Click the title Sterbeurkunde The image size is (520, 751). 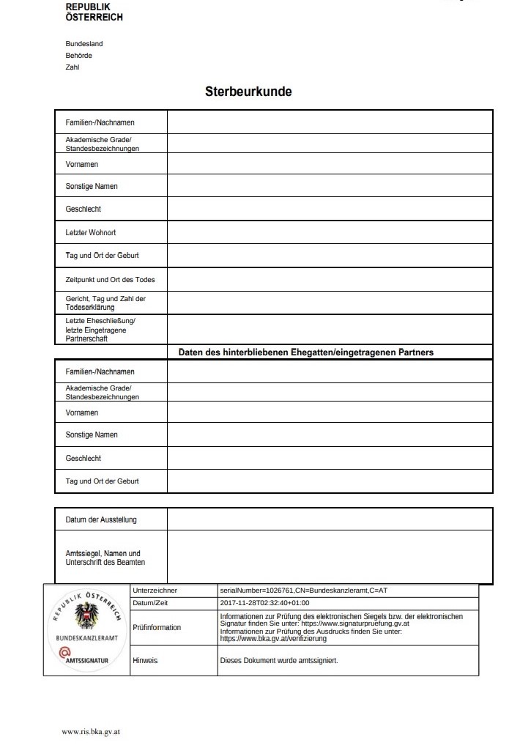(248, 92)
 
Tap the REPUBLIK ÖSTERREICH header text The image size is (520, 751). (94, 12)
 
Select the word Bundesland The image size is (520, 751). (84, 44)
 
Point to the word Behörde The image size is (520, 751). (79, 56)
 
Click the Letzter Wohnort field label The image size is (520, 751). (91, 233)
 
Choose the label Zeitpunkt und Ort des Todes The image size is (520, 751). (110, 280)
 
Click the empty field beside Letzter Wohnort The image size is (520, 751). (330, 233)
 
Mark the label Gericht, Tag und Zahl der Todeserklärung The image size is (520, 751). (105, 303)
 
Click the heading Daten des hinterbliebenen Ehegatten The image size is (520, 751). (306, 352)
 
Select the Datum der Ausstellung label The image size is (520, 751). (101, 520)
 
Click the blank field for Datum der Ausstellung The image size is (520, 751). (330, 520)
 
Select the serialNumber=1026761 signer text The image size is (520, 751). (308, 591)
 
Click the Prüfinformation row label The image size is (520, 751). (157, 628)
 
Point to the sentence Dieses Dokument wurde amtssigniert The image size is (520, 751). (279, 661)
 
